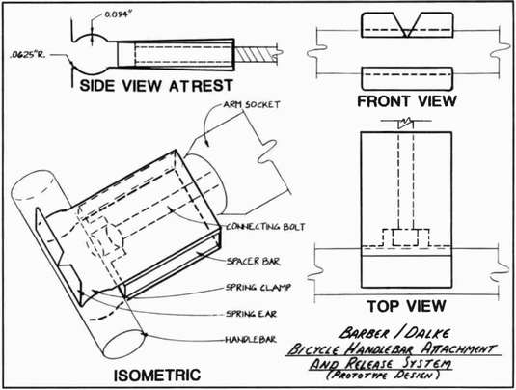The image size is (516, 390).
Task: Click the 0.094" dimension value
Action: (116, 14)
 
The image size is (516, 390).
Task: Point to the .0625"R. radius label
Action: (28, 54)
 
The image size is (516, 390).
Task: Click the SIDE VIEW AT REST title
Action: (156, 86)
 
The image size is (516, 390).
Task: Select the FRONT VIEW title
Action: (407, 101)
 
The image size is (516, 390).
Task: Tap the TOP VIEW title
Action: (407, 306)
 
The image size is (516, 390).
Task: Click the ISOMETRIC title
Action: (157, 376)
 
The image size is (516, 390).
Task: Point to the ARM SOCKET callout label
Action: (252, 105)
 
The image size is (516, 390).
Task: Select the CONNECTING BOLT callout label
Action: (265, 227)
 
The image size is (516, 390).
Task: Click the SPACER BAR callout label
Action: (253, 262)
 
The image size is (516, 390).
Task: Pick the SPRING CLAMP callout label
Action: (258, 288)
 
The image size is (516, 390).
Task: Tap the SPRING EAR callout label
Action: (251, 314)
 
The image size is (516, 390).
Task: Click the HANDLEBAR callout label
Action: (251, 339)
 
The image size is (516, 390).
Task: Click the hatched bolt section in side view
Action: (256, 54)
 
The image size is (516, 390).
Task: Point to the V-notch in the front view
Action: (407, 25)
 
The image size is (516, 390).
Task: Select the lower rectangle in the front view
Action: (407, 78)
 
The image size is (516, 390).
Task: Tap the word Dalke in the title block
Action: (427, 333)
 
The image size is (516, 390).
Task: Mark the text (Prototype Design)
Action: (383, 375)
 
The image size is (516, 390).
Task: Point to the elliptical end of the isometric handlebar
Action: (124, 345)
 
